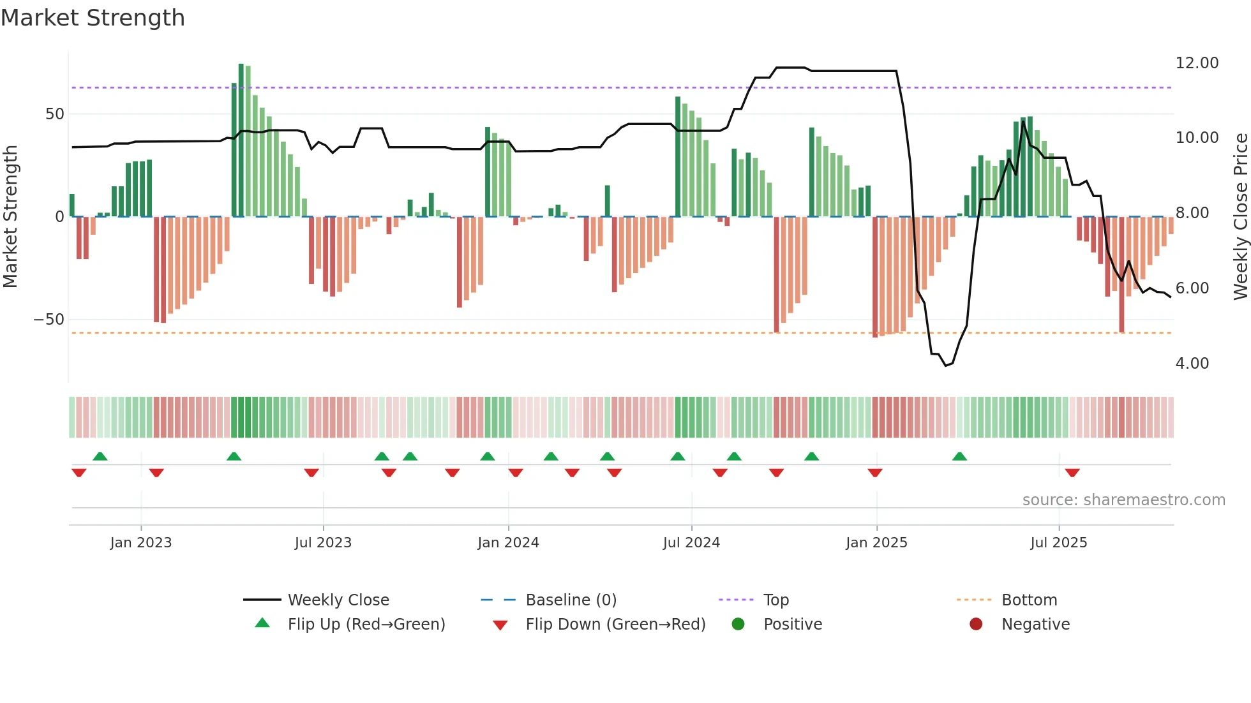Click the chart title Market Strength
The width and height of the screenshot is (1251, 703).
[93, 18]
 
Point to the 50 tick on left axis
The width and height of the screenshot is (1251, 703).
[55, 114]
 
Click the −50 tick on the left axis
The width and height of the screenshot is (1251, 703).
[50, 320]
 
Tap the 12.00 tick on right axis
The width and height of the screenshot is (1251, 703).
[1197, 63]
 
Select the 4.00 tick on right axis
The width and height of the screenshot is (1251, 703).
[1192, 364]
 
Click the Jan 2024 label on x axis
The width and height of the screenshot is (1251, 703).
[508, 543]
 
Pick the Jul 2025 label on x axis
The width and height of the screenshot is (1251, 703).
[1058, 543]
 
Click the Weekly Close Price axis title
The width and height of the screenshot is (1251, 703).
[1240, 217]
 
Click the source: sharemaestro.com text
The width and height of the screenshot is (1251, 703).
[1123, 500]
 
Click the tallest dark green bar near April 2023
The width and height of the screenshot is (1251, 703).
[241, 140]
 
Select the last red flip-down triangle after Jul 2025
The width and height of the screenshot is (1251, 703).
[1072, 473]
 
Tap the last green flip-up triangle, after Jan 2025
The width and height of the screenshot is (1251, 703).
[959, 456]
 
